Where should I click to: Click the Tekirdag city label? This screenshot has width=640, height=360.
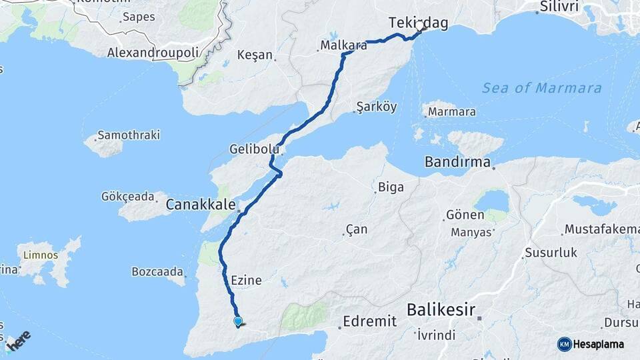click(418, 23)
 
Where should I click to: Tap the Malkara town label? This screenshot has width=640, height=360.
click(343, 45)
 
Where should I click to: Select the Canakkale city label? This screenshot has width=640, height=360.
click(201, 204)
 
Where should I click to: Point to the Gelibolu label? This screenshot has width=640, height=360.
click(254, 148)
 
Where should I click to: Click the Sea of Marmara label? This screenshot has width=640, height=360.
click(541, 88)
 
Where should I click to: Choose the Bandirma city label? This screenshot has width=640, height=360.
click(458, 162)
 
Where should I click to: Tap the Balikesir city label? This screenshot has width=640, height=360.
click(441, 309)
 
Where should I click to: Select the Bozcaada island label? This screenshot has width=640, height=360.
click(157, 272)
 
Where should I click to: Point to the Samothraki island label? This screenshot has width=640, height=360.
click(129, 135)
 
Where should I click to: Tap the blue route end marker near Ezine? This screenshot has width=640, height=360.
click(238, 321)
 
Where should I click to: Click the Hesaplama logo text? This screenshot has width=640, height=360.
click(598, 344)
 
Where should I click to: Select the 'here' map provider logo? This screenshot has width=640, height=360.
click(19, 341)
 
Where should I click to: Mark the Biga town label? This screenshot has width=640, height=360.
click(391, 187)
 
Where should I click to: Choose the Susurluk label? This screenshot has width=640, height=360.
click(551, 253)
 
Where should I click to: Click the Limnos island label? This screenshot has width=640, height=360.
click(41, 255)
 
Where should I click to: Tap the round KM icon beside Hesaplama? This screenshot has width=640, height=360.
click(565, 344)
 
